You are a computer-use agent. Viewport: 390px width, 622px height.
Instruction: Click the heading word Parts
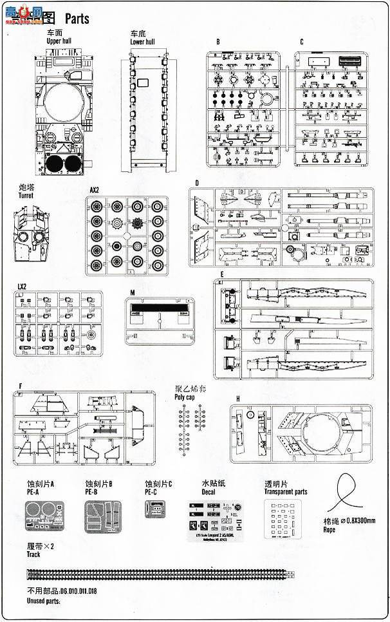pyautogui.click(x=77, y=19)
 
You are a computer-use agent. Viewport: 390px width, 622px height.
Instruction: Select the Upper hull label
pyautogui.click(x=61, y=41)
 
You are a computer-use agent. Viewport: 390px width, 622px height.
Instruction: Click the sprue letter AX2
pyautogui.click(x=95, y=190)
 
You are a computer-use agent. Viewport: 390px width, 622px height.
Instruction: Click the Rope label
pyautogui.click(x=329, y=530)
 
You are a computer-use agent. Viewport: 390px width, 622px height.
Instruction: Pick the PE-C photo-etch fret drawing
pyautogui.click(x=154, y=509)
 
